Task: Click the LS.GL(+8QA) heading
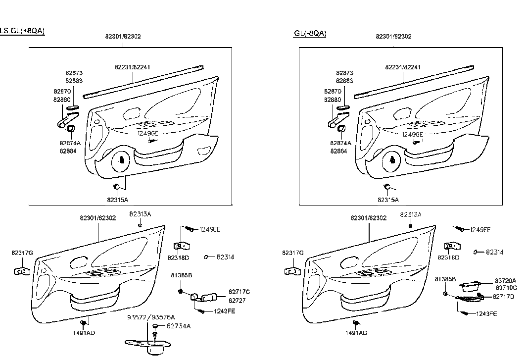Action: point(22,31)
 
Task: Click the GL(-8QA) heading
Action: point(310,34)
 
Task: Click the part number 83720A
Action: point(505,280)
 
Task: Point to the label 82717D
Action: point(504,297)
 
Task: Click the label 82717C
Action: point(239,292)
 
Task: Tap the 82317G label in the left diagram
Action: point(23,253)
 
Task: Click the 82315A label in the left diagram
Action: point(118,200)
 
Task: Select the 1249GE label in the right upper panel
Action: point(412,135)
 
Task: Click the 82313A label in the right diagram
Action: point(411,215)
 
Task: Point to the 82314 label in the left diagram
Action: point(225,257)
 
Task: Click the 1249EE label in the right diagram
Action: point(480,230)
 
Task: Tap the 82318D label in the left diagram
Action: point(178,257)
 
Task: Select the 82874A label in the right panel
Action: point(340,143)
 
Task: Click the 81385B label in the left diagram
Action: point(182,275)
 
